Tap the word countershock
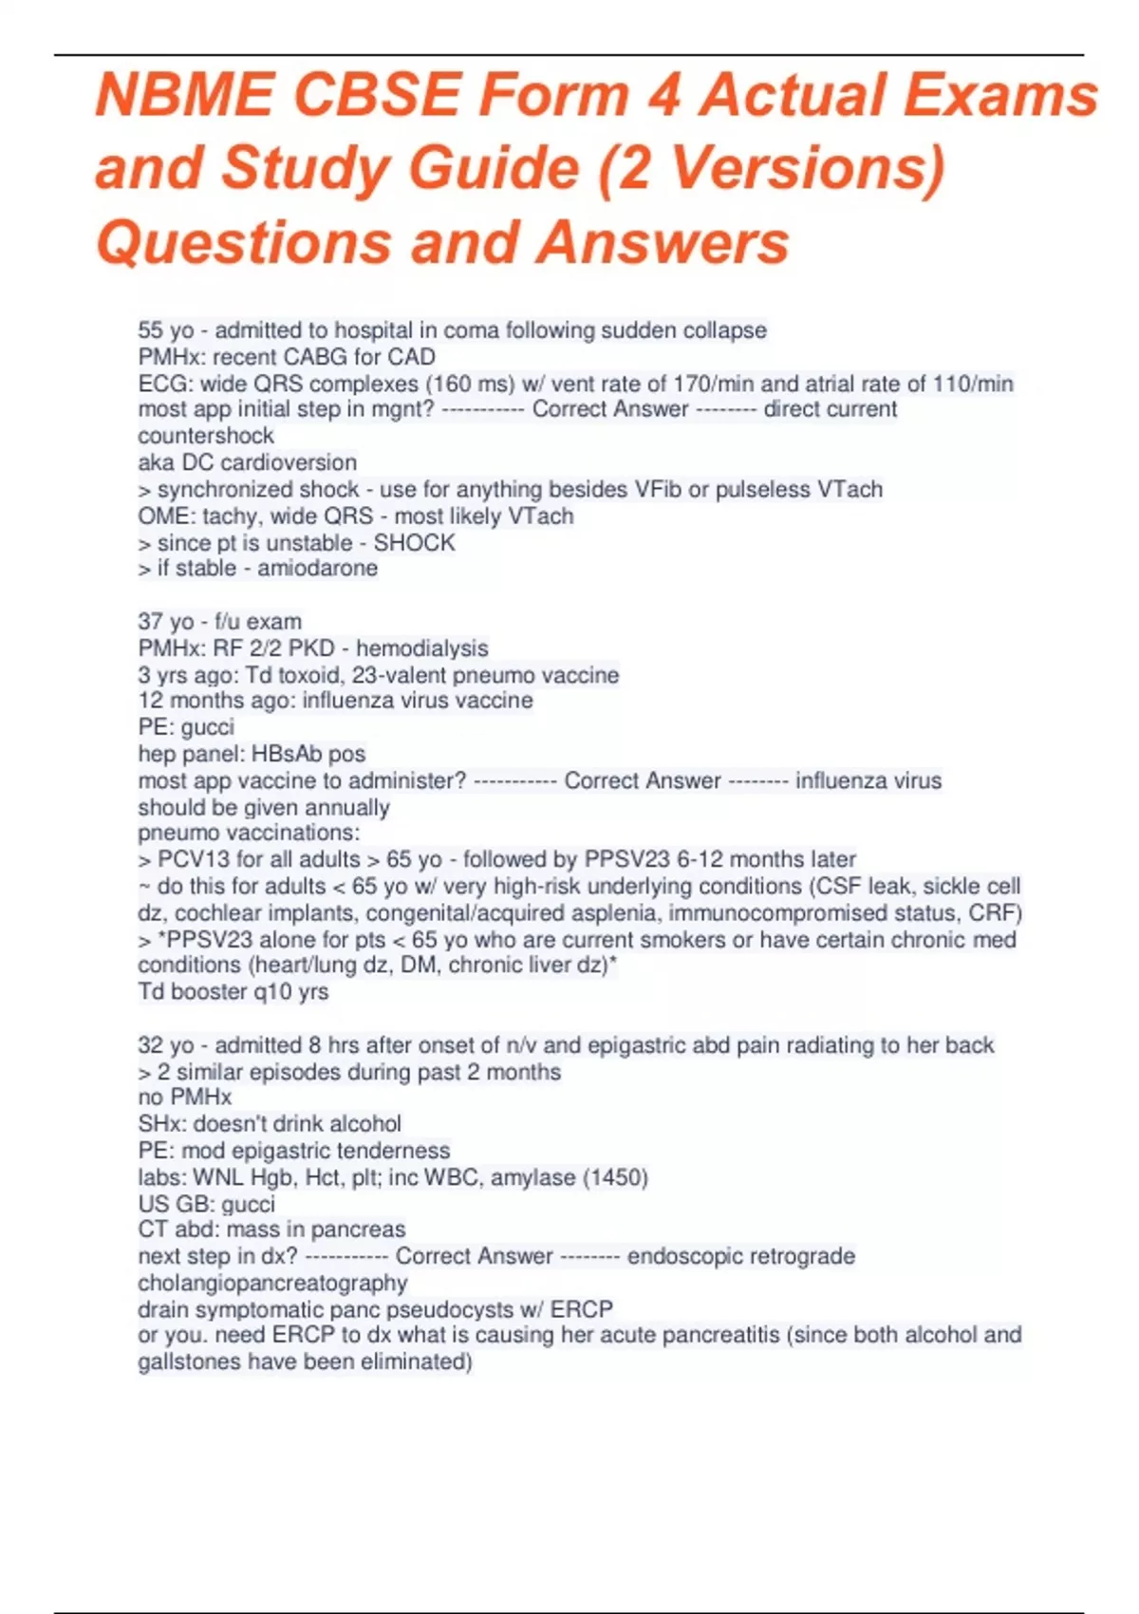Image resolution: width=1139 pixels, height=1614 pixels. [x=206, y=436]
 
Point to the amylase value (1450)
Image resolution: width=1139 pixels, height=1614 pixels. [x=616, y=1177]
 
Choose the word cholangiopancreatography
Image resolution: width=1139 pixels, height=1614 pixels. [x=272, y=1283]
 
